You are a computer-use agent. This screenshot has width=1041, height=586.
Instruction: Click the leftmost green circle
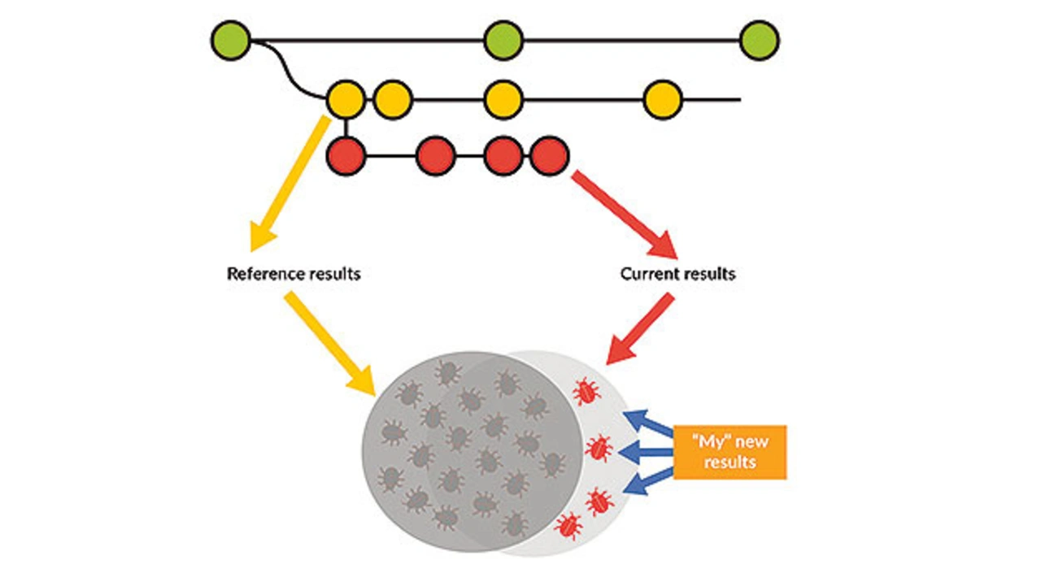(x=230, y=40)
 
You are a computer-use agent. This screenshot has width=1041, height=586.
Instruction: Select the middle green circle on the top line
(x=503, y=40)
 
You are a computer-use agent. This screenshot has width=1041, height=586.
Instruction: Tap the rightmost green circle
(x=760, y=40)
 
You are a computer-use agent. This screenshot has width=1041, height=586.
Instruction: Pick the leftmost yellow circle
(x=346, y=100)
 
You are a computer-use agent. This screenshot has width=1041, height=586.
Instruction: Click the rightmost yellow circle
(x=662, y=100)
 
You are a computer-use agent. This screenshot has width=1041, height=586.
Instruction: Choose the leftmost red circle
(x=346, y=155)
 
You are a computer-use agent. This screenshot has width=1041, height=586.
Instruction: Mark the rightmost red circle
(x=549, y=155)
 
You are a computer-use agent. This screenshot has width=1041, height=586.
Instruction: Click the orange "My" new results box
(x=729, y=452)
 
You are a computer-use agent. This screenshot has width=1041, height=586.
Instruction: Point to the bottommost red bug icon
(x=568, y=526)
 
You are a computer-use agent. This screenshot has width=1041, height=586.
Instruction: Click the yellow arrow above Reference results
(x=288, y=183)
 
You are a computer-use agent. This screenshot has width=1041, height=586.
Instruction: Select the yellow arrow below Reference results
(x=329, y=341)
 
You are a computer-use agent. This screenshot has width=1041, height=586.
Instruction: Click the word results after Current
(x=708, y=274)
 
